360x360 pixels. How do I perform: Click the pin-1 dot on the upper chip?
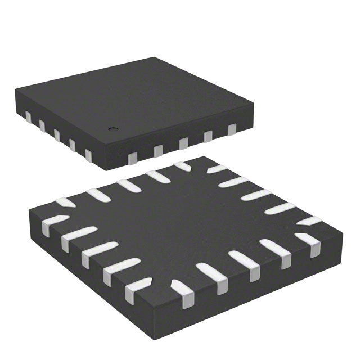(x=112, y=127)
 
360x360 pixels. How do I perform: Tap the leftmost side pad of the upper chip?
(x=28, y=116)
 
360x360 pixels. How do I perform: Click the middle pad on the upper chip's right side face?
(x=183, y=143)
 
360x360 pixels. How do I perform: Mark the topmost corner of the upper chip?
(x=152, y=58)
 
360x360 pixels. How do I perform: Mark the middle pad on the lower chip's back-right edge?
(x=256, y=195)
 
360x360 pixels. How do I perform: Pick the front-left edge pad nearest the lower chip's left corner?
(x=53, y=223)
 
